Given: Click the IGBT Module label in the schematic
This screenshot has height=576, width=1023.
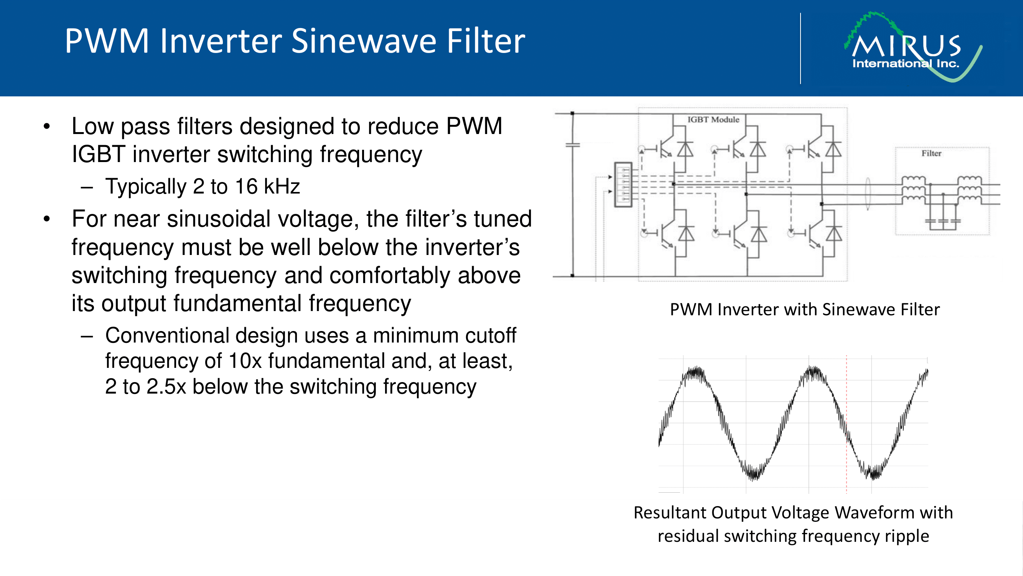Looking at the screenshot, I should (x=713, y=120).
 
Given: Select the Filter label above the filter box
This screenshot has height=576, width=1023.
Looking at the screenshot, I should (x=931, y=154).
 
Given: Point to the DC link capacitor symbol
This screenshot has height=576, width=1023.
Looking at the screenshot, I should (x=573, y=146).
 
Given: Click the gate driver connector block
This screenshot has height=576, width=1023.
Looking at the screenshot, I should (x=623, y=184).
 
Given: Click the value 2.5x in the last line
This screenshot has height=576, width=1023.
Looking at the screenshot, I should (x=166, y=387).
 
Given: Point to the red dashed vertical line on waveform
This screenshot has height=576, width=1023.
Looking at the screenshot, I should (x=846, y=421).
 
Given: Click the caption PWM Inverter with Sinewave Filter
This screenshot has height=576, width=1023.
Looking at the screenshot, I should (x=805, y=310).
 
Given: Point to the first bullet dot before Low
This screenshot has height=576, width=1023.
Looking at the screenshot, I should (x=47, y=127).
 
